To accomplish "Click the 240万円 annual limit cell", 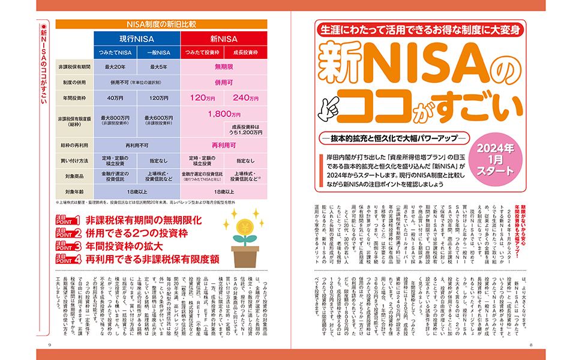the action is tap(245, 98).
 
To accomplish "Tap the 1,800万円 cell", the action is tap(223, 113).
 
